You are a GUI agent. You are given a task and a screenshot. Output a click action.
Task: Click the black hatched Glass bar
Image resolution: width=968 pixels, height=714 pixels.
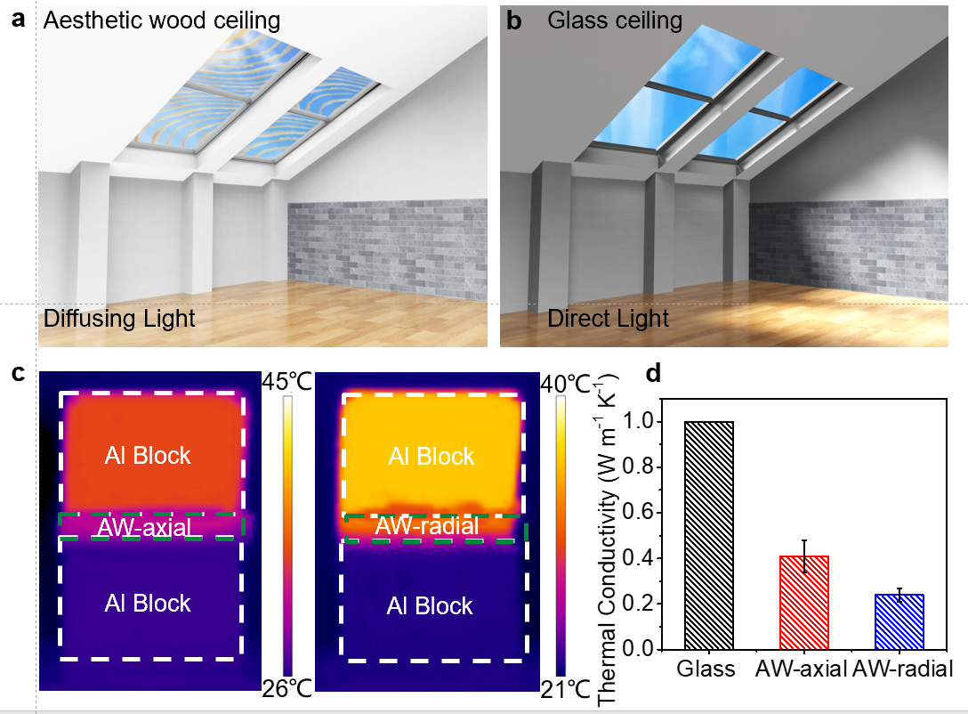point(709,535)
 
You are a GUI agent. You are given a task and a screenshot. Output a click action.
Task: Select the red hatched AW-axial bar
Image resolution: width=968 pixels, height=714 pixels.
point(803,602)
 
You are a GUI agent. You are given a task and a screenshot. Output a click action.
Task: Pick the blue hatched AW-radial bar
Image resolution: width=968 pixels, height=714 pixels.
point(899,621)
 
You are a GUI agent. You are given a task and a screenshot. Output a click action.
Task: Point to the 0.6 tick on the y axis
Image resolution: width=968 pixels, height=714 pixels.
point(658,513)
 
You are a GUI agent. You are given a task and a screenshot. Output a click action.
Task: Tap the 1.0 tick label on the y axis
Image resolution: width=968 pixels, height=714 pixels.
point(638,420)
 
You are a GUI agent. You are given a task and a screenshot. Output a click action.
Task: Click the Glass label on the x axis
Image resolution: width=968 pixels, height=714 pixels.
point(706,669)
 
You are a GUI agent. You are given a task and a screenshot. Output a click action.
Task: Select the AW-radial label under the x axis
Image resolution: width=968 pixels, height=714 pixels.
point(902,669)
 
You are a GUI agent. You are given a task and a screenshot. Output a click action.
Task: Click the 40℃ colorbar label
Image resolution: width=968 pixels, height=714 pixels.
point(566,384)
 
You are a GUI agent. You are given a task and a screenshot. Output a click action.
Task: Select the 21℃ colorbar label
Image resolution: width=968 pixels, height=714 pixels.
point(566,689)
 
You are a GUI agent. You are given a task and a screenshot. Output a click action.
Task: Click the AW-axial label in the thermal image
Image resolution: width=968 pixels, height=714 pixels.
point(144,527)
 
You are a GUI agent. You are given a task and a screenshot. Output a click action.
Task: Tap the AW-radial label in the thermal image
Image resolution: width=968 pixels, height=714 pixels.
point(427,525)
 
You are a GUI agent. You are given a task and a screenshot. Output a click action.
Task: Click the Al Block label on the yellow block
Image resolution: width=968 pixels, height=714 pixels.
point(431,457)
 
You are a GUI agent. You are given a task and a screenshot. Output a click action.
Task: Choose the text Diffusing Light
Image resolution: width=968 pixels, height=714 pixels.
point(119,319)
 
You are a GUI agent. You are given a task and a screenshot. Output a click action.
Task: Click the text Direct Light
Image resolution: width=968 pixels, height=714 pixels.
point(608,319)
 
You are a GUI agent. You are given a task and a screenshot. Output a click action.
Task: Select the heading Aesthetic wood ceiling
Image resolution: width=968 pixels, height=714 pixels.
point(162,20)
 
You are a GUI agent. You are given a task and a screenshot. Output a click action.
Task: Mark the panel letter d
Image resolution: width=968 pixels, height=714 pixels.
point(652,373)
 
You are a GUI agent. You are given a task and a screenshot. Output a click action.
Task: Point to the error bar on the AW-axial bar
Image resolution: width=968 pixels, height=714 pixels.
point(804,556)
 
